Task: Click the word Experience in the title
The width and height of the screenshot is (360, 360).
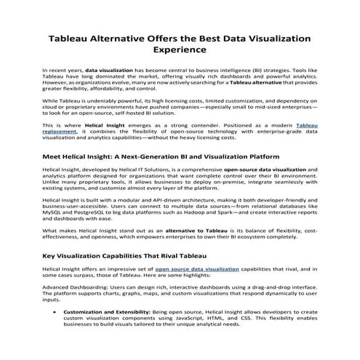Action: coord(180,51)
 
